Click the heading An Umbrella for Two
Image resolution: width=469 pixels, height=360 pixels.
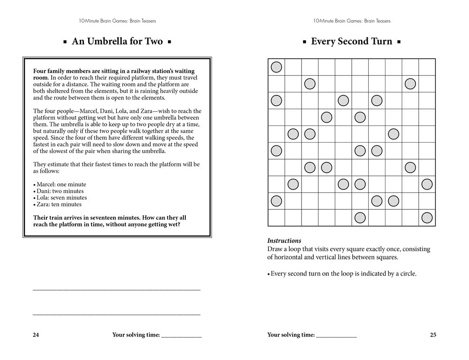tap(117, 41)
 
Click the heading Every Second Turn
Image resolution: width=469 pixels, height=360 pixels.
tap(351, 41)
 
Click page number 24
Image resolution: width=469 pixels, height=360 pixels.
tap(36, 335)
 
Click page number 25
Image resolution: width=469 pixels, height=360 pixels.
tap(433, 335)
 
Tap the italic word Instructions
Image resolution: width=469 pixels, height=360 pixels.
tap(284, 241)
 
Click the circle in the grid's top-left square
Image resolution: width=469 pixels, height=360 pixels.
tap(276, 67)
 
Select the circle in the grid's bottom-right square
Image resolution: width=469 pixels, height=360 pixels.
tap(427, 218)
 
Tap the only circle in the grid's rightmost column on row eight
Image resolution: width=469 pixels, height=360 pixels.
tap(427, 184)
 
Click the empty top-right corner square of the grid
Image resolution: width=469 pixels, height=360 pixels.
tap(427, 67)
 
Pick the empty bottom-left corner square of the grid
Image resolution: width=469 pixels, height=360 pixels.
tap(276, 218)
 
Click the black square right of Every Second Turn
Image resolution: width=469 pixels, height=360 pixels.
tap(399, 42)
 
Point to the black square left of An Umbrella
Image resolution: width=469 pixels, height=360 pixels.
tap(66, 42)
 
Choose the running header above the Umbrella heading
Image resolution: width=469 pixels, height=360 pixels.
tap(117, 21)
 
